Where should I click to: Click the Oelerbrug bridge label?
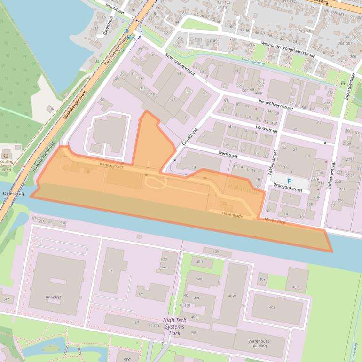13,193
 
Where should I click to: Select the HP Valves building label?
53,297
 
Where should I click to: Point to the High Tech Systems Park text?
175,326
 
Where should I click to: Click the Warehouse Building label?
259,344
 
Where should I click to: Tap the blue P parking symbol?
290,181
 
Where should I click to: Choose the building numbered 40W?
231,296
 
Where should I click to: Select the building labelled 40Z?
272,307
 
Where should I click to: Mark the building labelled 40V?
295,287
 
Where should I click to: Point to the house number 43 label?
102,100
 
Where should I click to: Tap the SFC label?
127,359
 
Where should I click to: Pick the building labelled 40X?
216,252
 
